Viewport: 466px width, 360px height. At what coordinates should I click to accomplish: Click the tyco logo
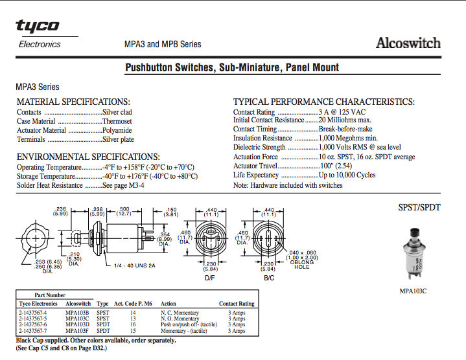[37, 26]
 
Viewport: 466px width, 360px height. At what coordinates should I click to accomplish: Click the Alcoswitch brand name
[408, 43]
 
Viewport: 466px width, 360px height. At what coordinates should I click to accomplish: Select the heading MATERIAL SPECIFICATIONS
[73, 102]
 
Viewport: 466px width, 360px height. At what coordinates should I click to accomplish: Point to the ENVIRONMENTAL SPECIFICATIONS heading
[87, 157]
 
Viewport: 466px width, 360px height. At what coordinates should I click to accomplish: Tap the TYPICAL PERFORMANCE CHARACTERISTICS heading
[323, 102]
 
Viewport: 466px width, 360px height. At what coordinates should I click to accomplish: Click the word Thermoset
[117, 121]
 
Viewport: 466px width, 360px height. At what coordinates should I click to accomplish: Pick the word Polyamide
[117, 130]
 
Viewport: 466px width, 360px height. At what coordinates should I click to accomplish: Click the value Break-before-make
[345, 129]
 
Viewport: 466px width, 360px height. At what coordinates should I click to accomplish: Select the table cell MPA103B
[77, 312]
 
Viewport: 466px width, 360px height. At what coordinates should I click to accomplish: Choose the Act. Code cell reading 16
[133, 325]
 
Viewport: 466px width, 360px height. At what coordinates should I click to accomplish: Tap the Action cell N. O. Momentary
[180, 319]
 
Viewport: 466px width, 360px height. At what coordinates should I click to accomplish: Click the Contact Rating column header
[237, 303]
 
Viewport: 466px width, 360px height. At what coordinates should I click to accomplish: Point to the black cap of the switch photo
[412, 232]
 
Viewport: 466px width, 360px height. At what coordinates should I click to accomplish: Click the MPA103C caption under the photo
[413, 291]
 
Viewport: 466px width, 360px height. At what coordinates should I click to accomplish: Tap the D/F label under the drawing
[210, 278]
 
